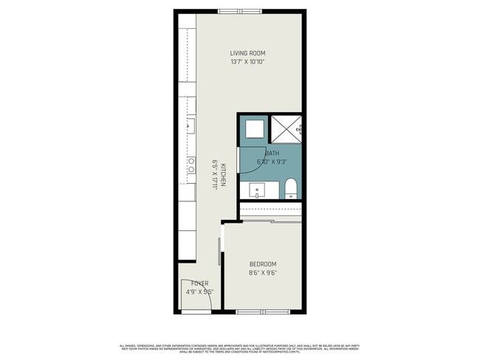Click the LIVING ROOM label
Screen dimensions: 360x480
click(x=247, y=53)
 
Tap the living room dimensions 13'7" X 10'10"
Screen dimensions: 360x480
click(x=247, y=62)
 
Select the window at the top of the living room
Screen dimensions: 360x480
click(x=239, y=11)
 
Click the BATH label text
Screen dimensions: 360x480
click(x=261, y=153)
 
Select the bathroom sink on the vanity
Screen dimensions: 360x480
click(x=257, y=191)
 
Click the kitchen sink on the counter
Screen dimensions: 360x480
click(x=190, y=127)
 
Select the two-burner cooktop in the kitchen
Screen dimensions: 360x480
click(x=191, y=165)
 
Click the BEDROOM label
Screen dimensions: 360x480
click(x=262, y=264)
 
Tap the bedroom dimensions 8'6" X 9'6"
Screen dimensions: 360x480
click(x=262, y=272)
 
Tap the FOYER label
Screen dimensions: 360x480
click(x=199, y=283)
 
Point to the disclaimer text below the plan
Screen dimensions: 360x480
click(x=239, y=348)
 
